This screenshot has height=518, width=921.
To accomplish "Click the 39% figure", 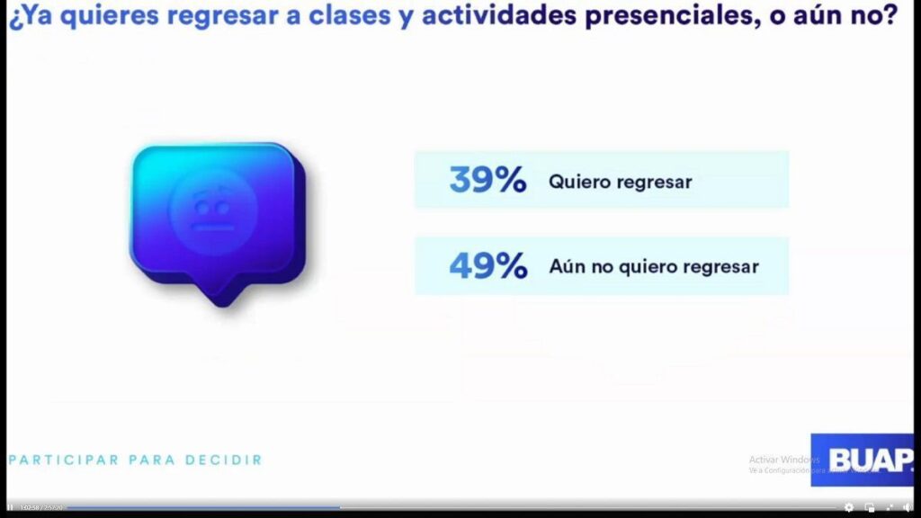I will (487, 181).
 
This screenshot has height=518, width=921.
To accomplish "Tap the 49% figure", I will (487, 266).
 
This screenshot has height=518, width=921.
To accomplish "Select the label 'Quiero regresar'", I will (620, 182).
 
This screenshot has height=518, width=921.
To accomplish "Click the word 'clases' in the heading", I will (365, 17).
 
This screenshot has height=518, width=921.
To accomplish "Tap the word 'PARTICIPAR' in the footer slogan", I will (64, 460).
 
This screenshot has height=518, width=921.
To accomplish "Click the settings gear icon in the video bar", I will (849, 507).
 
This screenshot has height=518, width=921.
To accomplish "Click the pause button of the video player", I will (10, 507).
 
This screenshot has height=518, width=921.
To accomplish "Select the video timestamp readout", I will (40, 507).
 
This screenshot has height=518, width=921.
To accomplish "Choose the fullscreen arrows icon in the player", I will (889, 507).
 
